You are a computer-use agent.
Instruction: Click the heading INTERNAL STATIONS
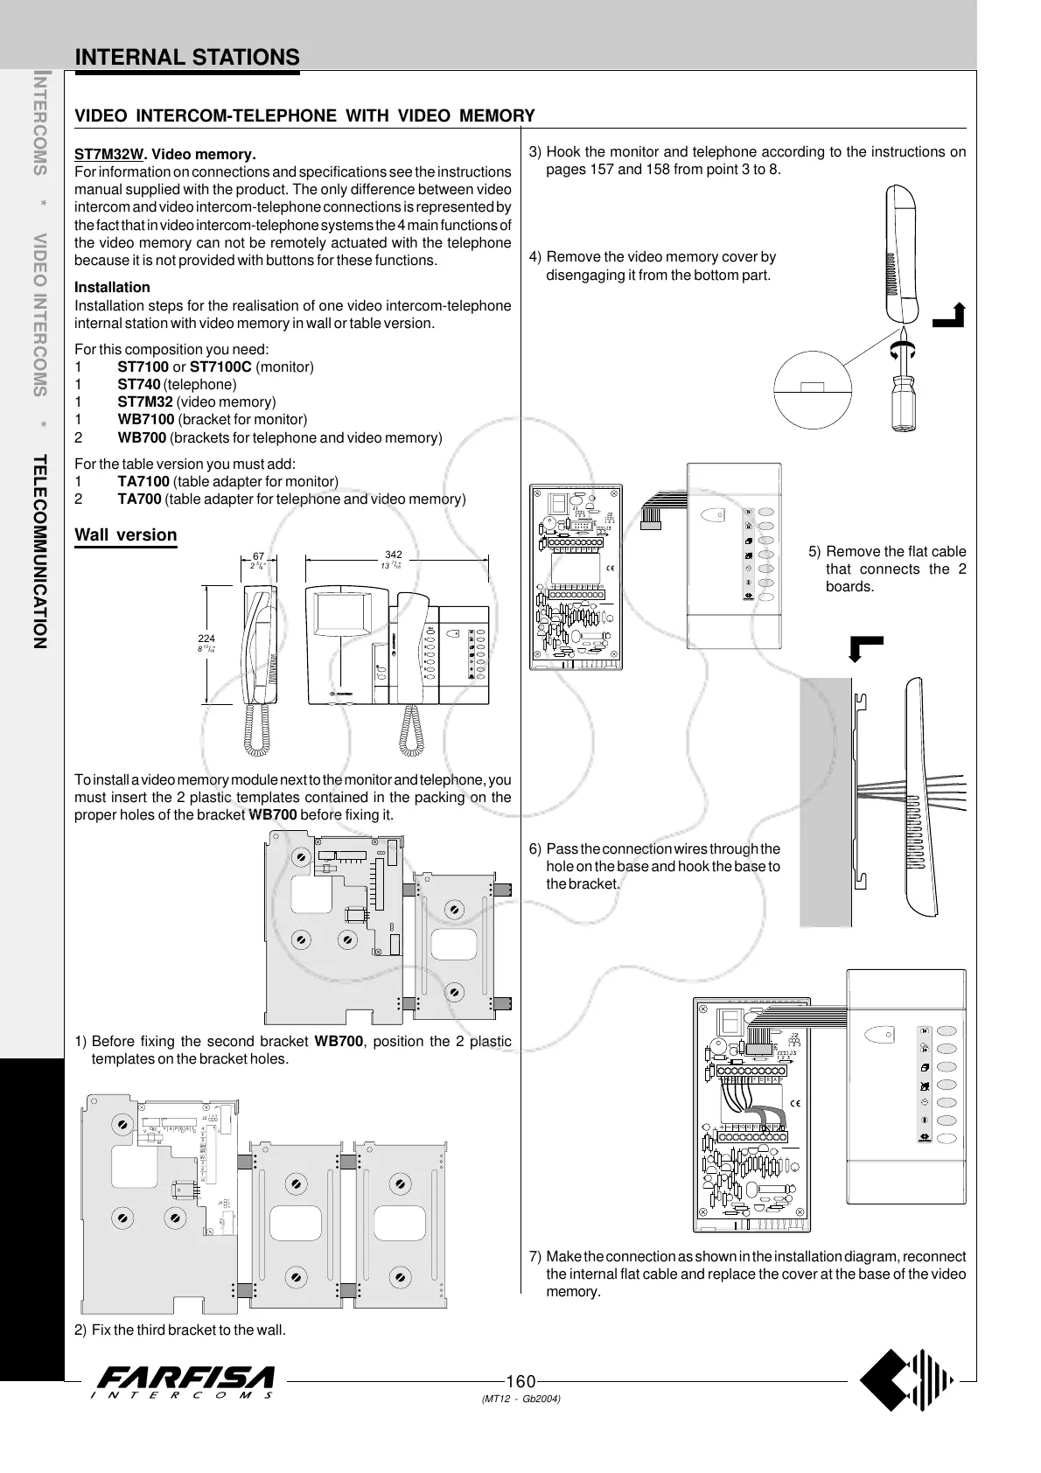click(187, 58)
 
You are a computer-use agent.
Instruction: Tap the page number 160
click(520, 1381)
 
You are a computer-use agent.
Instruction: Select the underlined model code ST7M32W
click(108, 155)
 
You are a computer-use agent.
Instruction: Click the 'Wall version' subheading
click(126, 535)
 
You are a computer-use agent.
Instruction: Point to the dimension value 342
click(393, 555)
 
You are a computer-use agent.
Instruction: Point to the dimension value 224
click(206, 639)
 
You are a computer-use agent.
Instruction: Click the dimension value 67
click(258, 556)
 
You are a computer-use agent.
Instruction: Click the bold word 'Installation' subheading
click(112, 288)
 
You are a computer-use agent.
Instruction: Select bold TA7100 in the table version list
click(143, 482)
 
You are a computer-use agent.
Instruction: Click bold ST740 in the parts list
click(138, 385)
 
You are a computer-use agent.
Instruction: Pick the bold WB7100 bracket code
click(145, 420)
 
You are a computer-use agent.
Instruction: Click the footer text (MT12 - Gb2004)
click(520, 1399)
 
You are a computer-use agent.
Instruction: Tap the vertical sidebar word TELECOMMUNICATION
click(38, 551)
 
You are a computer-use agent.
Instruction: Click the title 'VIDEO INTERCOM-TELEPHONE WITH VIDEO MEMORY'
click(304, 116)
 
